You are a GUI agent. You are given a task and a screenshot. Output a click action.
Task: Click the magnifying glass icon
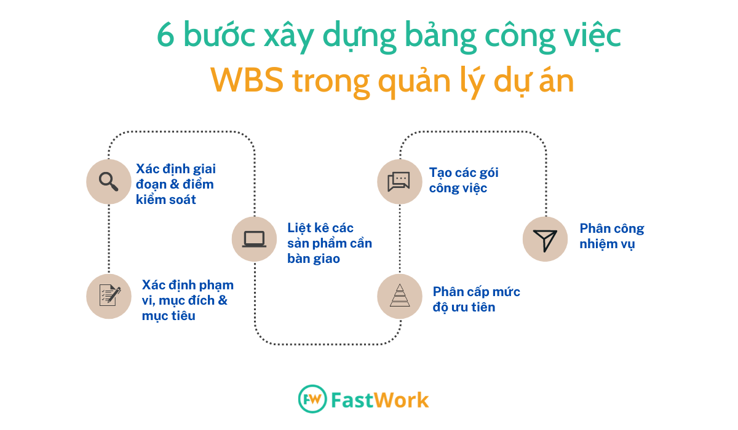108,181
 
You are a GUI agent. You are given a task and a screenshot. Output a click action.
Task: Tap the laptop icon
254,239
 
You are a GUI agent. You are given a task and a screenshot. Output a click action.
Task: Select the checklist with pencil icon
109,295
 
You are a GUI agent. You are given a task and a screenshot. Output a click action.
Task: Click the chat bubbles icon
399,181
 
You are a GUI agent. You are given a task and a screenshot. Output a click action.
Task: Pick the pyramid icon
400,295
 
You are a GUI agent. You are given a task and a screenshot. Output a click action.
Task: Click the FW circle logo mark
312,399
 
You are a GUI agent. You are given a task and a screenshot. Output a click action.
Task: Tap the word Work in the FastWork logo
402,400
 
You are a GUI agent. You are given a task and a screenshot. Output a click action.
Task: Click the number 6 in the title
165,35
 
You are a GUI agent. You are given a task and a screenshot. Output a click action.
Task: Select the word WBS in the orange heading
247,80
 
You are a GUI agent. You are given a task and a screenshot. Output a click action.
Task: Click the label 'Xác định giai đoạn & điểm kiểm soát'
176,184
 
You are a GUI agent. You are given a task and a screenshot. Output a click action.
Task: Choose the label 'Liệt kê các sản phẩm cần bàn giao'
330,243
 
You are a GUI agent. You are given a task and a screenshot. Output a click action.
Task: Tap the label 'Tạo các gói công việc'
464,180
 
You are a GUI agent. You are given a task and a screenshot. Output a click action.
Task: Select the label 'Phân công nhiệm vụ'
612,237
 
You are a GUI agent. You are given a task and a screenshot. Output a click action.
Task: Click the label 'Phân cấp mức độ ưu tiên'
477,299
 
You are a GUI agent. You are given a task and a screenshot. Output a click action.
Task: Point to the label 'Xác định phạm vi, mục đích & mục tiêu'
188,300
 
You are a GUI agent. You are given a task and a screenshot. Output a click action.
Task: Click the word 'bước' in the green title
219,34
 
